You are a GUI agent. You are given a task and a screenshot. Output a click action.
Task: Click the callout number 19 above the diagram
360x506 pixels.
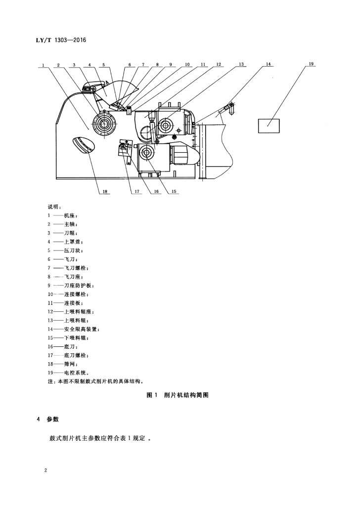pos(311,64)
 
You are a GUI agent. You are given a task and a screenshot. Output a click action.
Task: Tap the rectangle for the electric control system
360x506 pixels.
pos(269,126)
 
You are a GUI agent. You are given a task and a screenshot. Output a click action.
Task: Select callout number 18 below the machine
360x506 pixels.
pos(105,191)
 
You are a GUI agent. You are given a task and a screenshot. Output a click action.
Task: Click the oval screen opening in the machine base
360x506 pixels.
pos(84,145)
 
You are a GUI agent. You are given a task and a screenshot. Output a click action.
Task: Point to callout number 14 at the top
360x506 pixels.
pos(269,64)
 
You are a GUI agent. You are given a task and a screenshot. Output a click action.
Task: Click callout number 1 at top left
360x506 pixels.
pos(43,65)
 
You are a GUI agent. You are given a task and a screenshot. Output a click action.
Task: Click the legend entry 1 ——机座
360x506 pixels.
pos(63,215)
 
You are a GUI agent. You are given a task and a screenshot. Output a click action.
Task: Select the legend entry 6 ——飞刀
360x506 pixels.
pos(63,259)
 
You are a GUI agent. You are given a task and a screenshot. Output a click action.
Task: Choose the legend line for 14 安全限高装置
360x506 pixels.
pos(74,329)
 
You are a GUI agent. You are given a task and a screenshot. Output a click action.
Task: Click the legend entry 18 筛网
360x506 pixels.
pos(63,364)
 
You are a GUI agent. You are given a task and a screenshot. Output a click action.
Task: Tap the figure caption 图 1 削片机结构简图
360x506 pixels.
pos(178,395)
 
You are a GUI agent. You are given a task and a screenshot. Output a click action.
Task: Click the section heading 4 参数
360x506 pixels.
pos(48,419)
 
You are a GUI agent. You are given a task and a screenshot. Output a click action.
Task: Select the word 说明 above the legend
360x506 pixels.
pos(53,207)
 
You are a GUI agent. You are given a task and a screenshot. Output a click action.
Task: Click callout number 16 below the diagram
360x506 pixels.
pos(156,191)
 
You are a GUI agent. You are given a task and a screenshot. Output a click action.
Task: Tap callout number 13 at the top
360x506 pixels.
pos(241,64)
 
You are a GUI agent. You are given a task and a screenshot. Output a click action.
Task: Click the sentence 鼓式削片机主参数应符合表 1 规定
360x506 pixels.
pos(100,439)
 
